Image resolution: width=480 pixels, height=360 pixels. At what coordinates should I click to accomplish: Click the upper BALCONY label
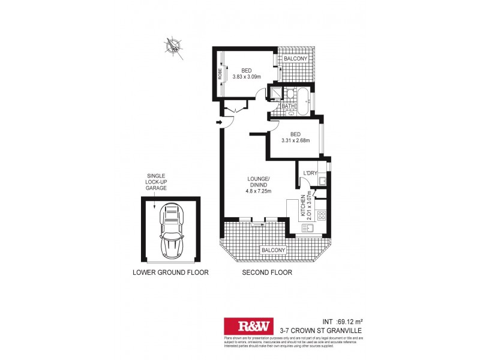point(296,58)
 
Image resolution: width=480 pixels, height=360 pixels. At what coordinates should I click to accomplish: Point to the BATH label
point(288,106)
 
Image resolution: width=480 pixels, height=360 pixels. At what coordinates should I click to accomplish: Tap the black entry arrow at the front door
point(220,123)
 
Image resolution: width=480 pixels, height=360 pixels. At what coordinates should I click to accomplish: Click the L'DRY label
point(310,173)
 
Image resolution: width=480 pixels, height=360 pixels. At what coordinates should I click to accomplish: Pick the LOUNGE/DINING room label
point(259,182)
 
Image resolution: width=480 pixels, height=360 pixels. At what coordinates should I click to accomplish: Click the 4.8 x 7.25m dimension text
point(259,192)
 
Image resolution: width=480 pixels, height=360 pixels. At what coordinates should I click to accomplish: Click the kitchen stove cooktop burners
point(321,214)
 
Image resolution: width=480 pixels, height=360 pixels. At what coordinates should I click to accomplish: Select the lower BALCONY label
point(272,250)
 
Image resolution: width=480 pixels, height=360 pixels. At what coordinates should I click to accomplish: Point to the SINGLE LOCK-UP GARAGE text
point(156,182)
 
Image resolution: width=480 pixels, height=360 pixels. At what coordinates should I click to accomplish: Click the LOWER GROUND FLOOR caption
point(170,272)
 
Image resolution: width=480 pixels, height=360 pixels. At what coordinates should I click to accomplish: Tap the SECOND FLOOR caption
point(267,272)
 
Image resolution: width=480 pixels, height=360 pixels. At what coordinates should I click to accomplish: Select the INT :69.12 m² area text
point(340,320)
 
